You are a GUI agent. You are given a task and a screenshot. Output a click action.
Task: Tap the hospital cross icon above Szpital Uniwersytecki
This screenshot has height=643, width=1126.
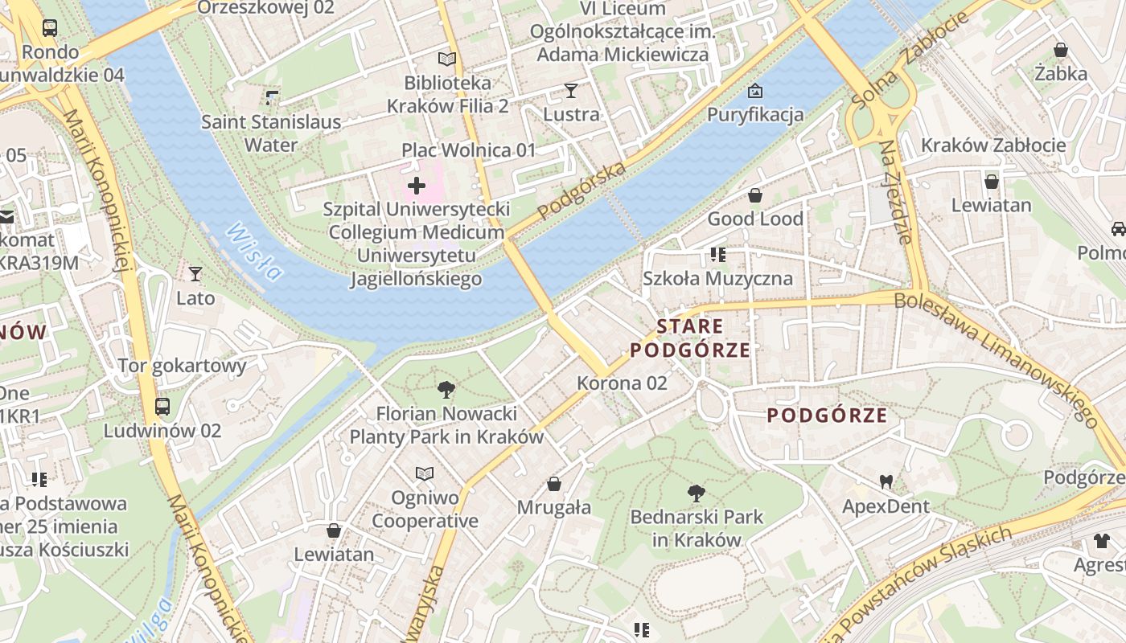[x=417, y=186]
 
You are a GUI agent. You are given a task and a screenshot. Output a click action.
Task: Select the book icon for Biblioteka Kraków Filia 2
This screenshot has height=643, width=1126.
[x=447, y=59]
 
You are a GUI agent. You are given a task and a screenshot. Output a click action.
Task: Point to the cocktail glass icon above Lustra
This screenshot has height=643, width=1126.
[x=571, y=90]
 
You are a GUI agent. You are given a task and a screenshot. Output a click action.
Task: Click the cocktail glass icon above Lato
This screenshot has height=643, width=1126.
[x=195, y=274]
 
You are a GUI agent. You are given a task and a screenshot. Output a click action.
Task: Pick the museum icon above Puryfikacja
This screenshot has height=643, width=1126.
[x=754, y=91]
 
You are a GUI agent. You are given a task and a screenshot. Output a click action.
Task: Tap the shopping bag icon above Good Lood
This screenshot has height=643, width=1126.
[x=754, y=195]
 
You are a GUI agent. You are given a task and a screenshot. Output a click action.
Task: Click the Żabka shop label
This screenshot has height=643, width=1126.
[x=1061, y=74]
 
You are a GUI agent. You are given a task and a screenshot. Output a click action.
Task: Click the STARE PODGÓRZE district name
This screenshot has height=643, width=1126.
[x=690, y=338]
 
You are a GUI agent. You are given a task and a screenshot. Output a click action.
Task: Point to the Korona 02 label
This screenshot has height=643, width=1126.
[x=622, y=383]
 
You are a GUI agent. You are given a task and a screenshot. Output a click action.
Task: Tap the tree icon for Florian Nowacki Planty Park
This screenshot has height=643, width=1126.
[x=446, y=391]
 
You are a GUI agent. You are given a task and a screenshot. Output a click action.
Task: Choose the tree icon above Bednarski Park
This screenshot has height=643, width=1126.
[x=697, y=494]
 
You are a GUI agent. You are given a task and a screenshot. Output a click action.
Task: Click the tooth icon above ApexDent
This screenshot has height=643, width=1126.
[x=886, y=482]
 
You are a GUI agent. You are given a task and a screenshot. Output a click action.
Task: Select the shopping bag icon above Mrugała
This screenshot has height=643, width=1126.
[x=554, y=484]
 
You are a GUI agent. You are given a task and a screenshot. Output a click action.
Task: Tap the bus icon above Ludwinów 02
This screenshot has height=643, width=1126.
[x=162, y=407]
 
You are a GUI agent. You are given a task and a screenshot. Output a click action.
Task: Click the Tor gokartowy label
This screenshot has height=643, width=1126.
[x=182, y=366]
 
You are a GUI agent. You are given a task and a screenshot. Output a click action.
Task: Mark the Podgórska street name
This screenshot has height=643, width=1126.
[x=582, y=191]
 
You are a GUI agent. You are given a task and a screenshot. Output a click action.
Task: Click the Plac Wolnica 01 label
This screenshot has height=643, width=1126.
[x=469, y=150]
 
